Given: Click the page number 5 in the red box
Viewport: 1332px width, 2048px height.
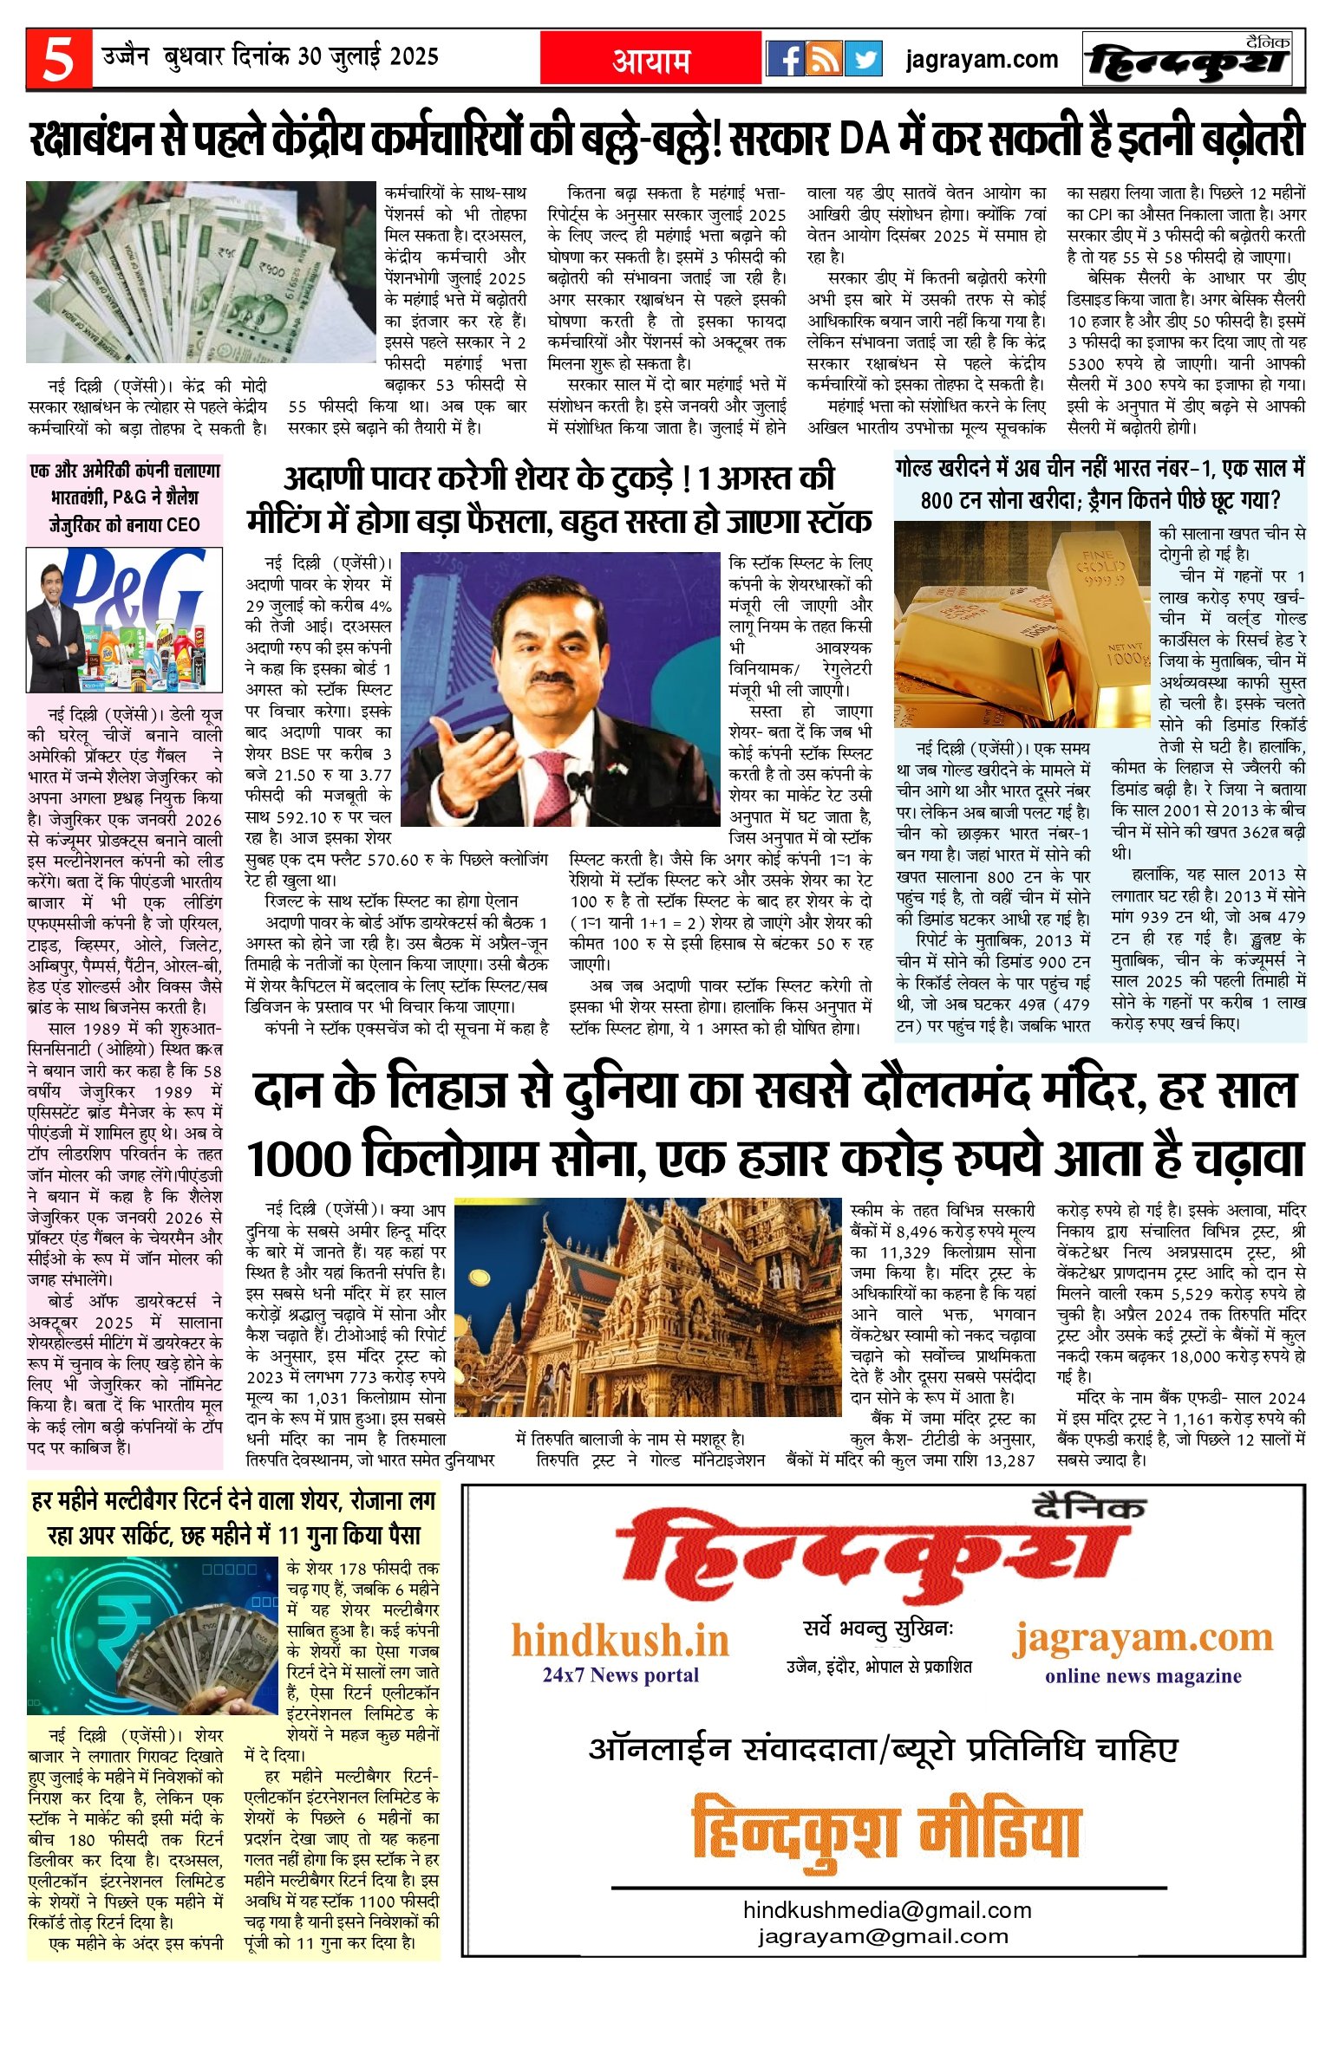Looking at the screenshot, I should tap(58, 59).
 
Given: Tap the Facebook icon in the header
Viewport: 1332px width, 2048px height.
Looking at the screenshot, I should tap(786, 59).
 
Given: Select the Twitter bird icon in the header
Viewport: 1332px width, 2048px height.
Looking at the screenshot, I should tap(863, 59).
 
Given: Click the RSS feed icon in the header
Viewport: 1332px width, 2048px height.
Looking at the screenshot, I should tap(825, 59).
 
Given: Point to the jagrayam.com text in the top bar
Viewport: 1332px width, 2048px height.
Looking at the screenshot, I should tap(982, 60).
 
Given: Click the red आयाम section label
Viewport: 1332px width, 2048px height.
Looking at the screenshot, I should tap(651, 60).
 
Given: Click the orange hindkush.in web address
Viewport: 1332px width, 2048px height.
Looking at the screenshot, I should tap(620, 1641).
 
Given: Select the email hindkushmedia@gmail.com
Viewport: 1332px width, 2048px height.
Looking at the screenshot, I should tap(887, 1911).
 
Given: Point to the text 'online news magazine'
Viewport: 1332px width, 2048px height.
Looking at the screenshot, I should tap(1143, 1676).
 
